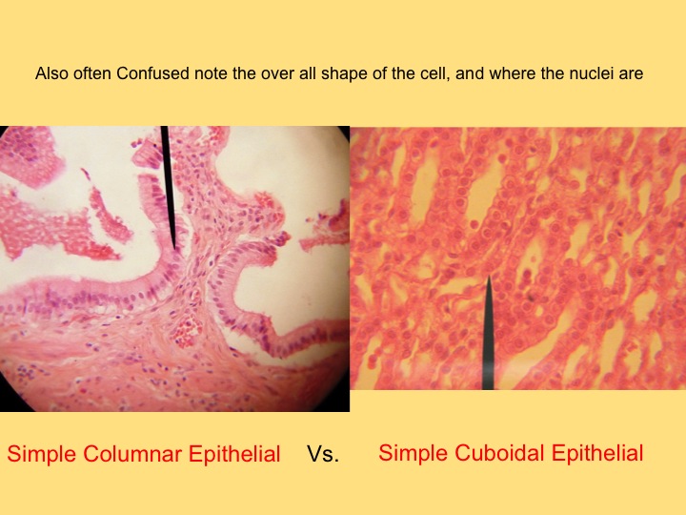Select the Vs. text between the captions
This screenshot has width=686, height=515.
[x=323, y=453]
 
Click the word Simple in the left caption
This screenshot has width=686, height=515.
[x=43, y=454]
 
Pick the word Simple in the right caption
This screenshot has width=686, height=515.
[x=414, y=453]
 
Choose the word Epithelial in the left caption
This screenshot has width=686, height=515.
[x=234, y=454]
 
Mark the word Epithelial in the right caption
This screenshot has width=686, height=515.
[x=597, y=453]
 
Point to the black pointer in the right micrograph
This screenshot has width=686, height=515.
[x=488, y=333]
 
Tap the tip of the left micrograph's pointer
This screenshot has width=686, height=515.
[x=174, y=250]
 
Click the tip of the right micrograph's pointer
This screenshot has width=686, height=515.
[x=488, y=275]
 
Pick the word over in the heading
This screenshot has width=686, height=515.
[x=278, y=73]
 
